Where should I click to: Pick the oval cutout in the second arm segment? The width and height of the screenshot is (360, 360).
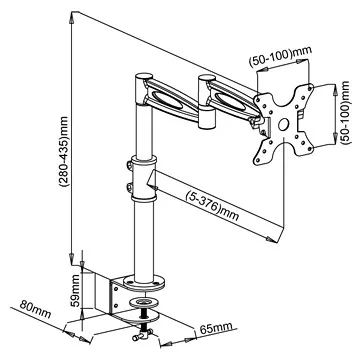231,99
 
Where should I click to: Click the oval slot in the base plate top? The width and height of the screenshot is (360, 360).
147,299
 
